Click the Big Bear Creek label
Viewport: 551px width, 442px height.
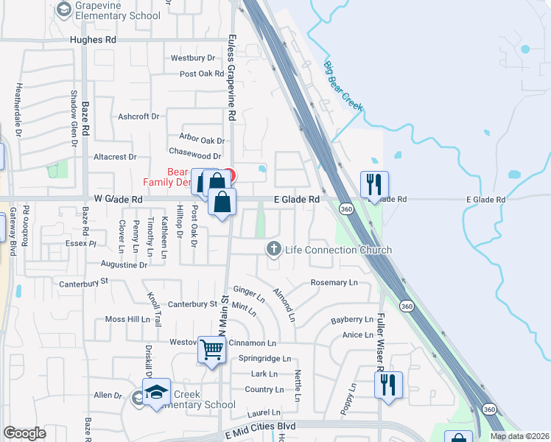344,86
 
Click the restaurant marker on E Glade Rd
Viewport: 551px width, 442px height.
374,184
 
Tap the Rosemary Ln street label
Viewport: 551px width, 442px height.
334,282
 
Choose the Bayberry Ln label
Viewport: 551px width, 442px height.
352,320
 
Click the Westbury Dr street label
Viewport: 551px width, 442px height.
192,57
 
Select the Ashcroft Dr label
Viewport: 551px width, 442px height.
138,116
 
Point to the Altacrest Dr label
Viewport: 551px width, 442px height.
115,157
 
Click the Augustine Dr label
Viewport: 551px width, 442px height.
122,264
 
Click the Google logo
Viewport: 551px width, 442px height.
24,433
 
